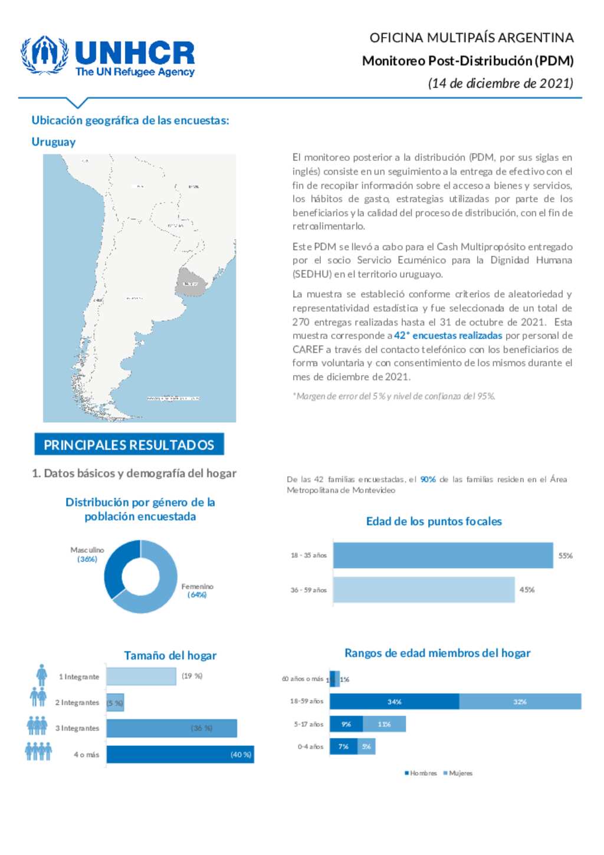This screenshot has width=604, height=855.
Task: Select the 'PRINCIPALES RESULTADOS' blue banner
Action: (129, 445)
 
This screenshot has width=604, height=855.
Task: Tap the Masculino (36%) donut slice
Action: (117, 564)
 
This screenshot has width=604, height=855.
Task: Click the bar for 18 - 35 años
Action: (442, 555)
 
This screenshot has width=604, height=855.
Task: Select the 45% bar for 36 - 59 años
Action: (424, 590)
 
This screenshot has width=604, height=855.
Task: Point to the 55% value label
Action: (565, 555)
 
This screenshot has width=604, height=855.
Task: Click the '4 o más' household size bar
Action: (180, 754)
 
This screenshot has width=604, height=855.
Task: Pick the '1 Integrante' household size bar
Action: (141, 676)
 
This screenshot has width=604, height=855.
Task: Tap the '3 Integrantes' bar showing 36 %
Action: (171, 728)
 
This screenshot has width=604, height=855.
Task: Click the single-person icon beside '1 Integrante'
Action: (41, 675)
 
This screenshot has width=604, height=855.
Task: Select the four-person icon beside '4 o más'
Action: (38, 751)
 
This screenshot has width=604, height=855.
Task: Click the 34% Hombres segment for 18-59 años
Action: (394, 702)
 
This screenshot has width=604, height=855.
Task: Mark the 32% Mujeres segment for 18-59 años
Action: (520, 702)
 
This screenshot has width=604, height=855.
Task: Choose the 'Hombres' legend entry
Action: (421, 773)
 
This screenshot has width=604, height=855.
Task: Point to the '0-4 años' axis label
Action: (310, 747)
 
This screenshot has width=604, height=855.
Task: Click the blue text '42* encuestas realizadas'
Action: (448, 336)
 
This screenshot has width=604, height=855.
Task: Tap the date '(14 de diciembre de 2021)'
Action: (500, 83)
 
